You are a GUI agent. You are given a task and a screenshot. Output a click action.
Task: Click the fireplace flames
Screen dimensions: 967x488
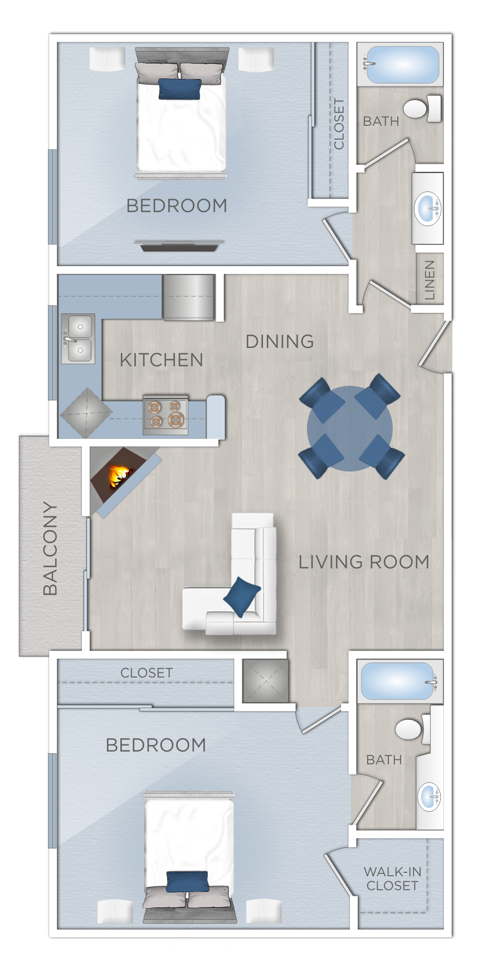(119, 477)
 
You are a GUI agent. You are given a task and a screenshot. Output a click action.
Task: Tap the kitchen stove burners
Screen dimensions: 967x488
(165, 414)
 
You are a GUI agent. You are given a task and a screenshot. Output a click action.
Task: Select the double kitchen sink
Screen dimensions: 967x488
(79, 338)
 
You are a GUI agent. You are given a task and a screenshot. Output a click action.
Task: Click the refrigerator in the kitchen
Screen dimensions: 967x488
(189, 297)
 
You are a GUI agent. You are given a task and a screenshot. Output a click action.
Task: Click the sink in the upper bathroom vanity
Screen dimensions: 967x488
(428, 208)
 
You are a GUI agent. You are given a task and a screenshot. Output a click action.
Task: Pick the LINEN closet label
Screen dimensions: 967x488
(430, 280)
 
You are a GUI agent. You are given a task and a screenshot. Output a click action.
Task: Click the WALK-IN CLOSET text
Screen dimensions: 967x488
(392, 878)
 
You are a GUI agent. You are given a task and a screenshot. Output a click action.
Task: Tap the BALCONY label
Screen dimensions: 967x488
(50, 548)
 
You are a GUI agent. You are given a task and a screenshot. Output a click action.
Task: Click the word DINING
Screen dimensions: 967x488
(280, 341)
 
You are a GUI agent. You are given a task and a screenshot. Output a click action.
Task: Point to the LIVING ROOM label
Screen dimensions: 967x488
(364, 562)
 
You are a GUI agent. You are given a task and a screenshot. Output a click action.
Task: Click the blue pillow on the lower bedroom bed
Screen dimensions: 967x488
(187, 881)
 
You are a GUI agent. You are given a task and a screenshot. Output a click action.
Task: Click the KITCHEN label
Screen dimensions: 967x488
(162, 360)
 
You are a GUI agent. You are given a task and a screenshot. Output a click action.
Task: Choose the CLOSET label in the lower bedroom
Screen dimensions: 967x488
(147, 673)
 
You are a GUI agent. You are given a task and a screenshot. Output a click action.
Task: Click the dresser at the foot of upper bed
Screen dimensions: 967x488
(179, 245)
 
